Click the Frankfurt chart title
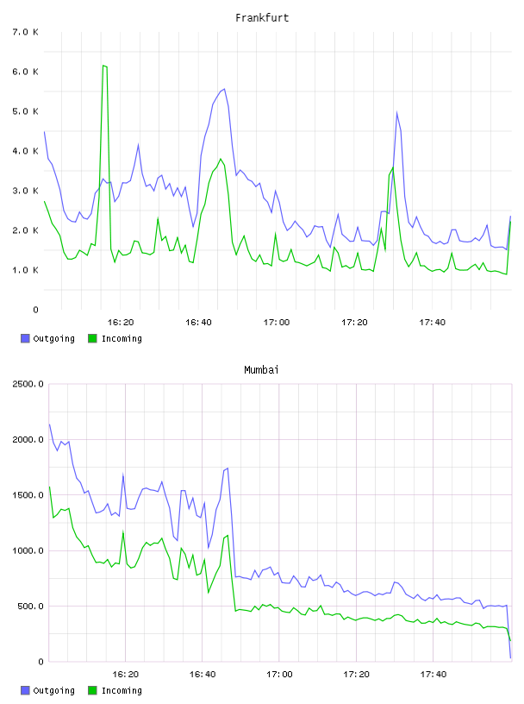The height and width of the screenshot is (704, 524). click(x=262, y=18)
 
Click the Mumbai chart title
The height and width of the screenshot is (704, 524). click(x=261, y=370)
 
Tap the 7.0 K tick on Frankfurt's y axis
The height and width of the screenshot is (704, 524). click(x=25, y=32)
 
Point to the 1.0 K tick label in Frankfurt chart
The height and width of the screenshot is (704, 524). click(x=25, y=270)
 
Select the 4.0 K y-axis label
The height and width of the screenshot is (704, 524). click(x=25, y=151)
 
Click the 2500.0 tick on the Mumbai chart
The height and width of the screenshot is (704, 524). click(x=28, y=384)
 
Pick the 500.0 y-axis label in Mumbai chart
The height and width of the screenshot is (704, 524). click(x=30, y=607)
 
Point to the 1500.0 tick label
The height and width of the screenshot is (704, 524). click(x=28, y=494)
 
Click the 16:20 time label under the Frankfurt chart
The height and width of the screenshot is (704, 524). click(x=121, y=323)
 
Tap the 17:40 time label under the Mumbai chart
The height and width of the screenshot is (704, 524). click(x=434, y=675)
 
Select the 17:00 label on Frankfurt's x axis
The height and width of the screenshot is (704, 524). click(x=277, y=323)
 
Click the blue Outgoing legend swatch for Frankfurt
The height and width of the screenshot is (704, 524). click(x=25, y=338)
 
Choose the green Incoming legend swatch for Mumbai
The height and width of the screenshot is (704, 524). click(x=92, y=690)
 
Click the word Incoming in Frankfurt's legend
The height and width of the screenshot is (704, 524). click(x=122, y=338)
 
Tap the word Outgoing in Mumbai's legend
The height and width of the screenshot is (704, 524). click(x=53, y=690)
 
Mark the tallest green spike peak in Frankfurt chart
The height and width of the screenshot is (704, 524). click(x=103, y=66)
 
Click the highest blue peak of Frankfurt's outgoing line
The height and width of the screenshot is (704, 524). click(x=224, y=90)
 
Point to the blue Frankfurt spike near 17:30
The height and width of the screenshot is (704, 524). click(x=397, y=113)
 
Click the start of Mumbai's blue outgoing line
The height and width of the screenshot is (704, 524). click(x=49, y=424)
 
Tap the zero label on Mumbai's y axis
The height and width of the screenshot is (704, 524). click(x=41, y=662)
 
